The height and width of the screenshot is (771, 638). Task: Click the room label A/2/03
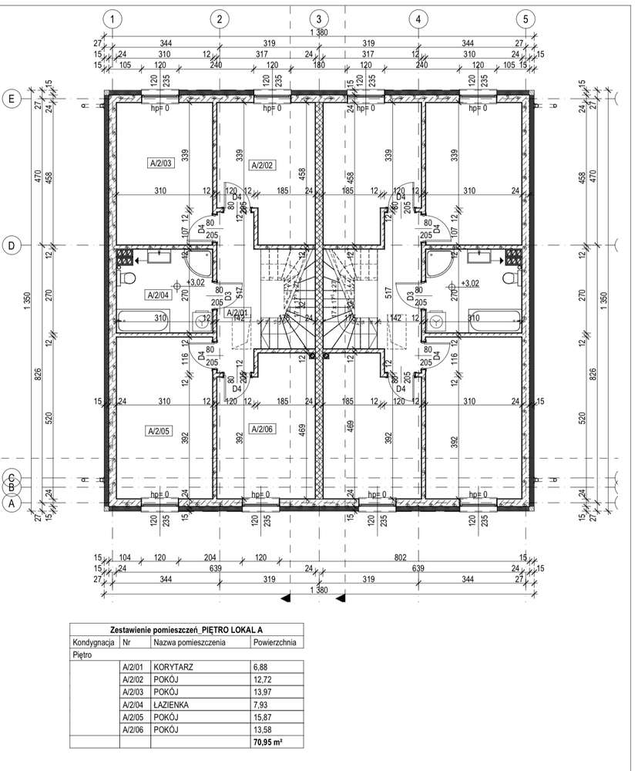(x=161, y=163)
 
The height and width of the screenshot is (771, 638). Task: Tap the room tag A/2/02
(x=263, y=165)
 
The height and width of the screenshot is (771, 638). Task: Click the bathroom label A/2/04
(x=157, y=295)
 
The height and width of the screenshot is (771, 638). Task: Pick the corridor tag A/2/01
(x=236, y=312)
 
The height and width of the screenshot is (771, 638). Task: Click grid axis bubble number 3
(x=317, y=18)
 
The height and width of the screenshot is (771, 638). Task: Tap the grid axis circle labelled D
(x=12, y=245)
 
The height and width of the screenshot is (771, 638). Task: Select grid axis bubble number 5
(x=525, y=18)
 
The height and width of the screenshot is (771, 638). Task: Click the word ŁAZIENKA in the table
(x=174, y=704)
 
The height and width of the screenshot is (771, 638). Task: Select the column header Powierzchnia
(x=274, y=642)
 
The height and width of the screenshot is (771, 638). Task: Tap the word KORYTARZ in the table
(x=174, y=667)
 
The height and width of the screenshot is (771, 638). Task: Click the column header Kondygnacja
(x=94, y=642)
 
